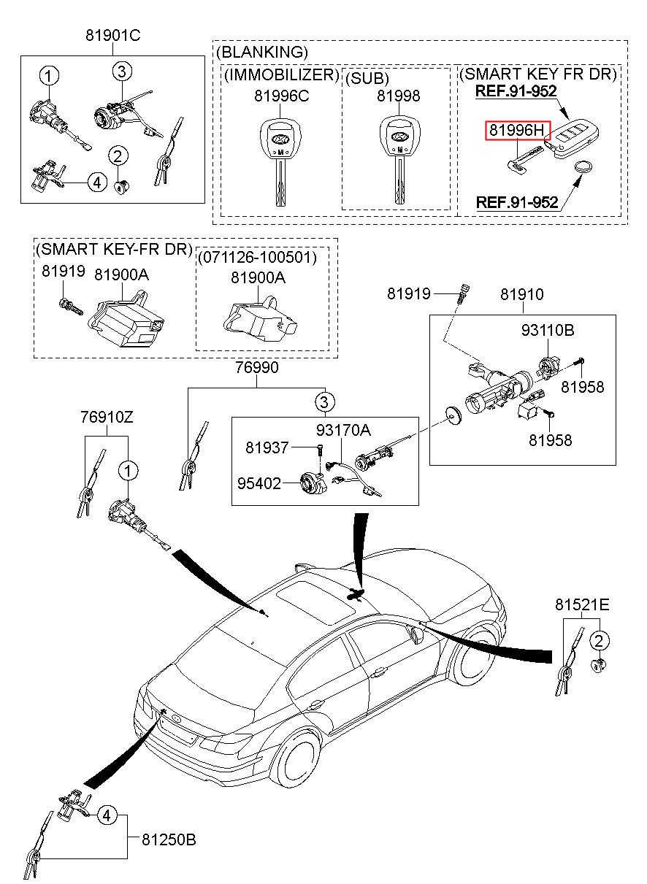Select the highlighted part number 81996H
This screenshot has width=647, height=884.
click(517, 131)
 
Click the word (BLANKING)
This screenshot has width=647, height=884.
click(262, 52)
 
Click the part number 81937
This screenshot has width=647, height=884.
click(267, 447)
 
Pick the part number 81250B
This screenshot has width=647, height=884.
click(169, 840)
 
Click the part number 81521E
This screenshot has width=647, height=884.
click(581, 604)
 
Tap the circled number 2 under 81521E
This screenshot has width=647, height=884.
click(599, 642)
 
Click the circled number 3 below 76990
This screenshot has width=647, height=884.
click(325, 401)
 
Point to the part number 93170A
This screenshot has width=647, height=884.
click(343, 431)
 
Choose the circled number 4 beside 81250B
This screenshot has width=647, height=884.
click(107, 815)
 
